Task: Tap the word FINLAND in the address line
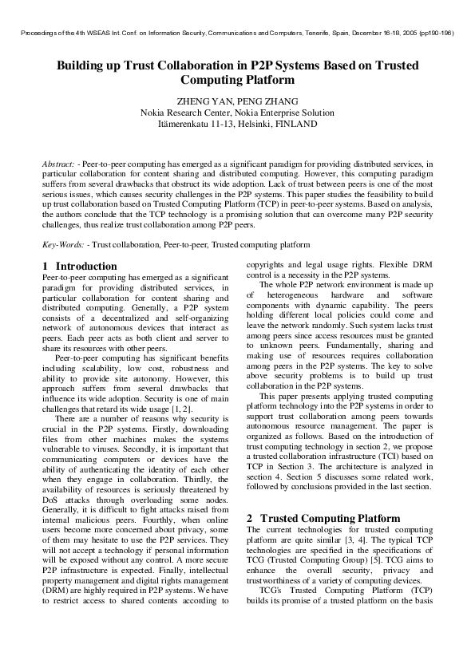click(295, 124)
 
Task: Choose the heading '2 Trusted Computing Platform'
click(323, 518)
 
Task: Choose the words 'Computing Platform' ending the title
click(237, 80)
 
